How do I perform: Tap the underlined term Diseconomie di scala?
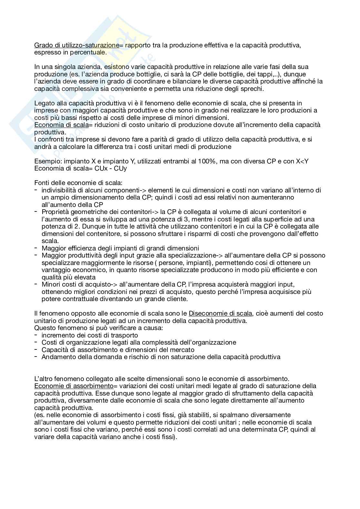coord(220,313)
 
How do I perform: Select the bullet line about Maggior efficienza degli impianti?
coord(120,248)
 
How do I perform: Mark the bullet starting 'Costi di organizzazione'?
coord(139,342)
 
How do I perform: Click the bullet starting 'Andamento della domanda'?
coord(161,357)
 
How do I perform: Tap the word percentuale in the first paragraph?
coord(90,52)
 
